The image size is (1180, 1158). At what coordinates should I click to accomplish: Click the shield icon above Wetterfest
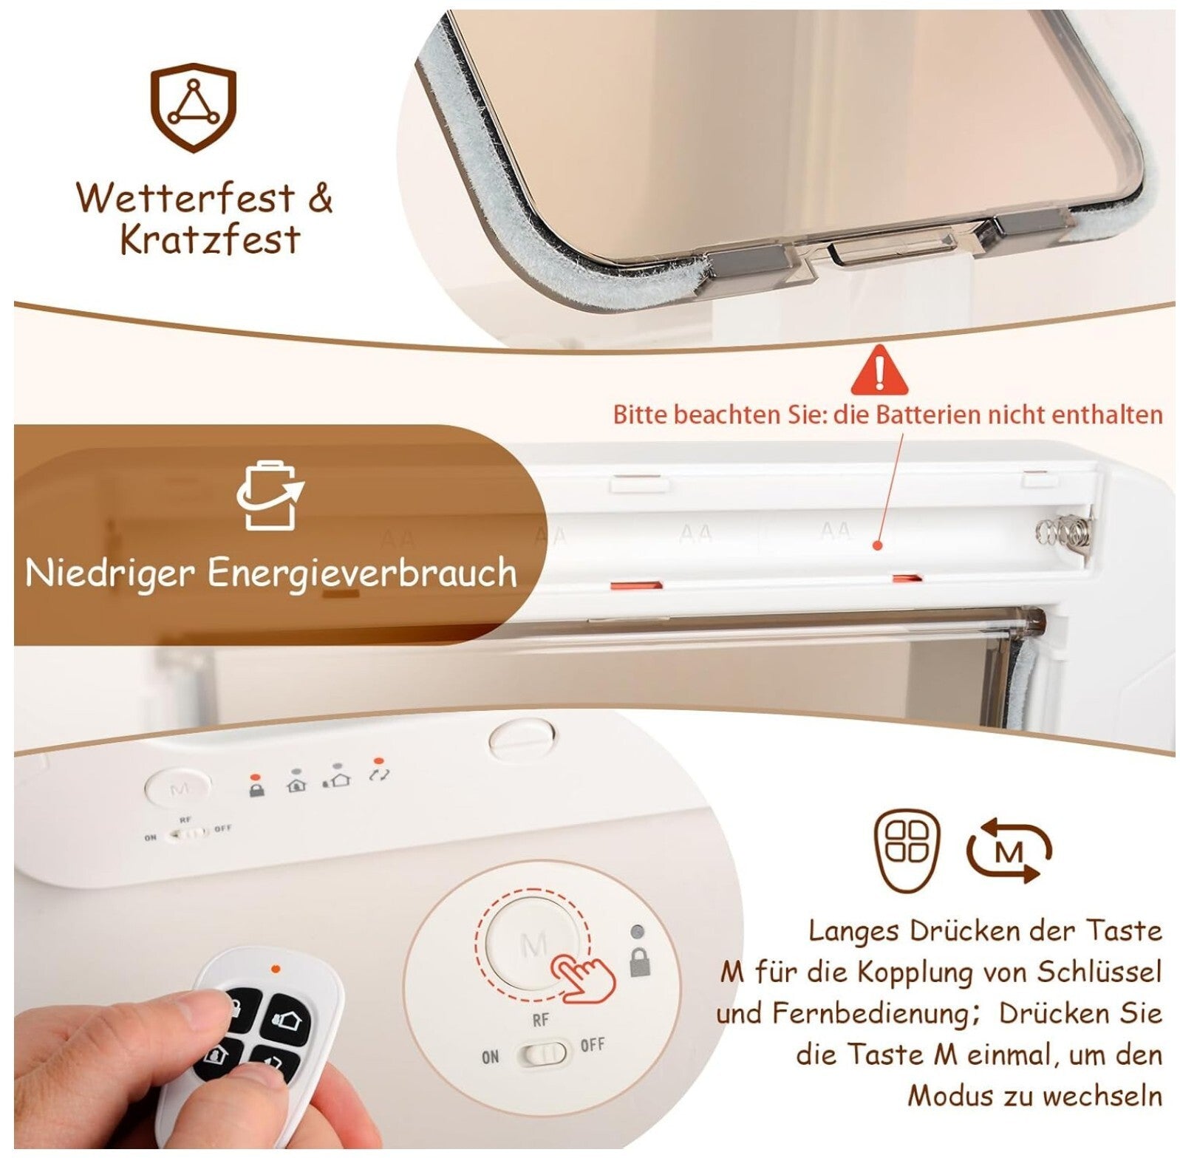[194, 108]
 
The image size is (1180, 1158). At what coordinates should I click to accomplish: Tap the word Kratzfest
[210, 239]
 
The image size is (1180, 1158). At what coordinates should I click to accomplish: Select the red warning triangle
[879, 370]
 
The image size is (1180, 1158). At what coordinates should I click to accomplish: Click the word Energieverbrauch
[362, 573]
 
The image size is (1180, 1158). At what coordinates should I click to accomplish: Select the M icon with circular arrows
[1009, 851]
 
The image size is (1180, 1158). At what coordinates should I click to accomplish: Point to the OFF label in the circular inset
[592, 1046]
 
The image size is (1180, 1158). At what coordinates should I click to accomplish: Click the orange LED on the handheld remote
[276, 968]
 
